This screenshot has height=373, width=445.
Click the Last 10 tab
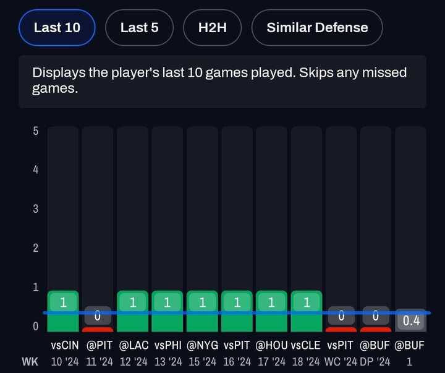coord(56,27)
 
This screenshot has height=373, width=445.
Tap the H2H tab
coord(213,27)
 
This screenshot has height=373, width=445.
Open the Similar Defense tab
coord(317,27)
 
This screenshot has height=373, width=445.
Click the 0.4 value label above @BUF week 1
coord(411,321)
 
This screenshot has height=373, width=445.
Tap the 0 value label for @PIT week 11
coord(97,316)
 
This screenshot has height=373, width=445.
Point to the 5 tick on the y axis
coord(36,131)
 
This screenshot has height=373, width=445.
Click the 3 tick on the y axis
coord(36,208)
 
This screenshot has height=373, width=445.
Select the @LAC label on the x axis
coord(133,346)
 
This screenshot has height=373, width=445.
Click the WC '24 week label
coord(341,361)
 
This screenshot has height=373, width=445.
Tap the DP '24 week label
coord(375,361)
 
